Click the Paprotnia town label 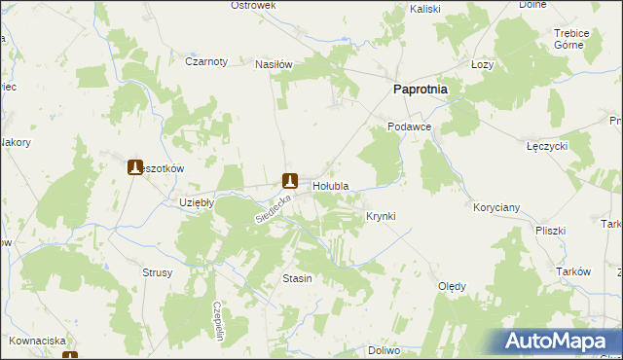tap(420, 89)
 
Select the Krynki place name tap(380, 216)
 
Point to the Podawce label tap(408, 127)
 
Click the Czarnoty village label tap(205, 61)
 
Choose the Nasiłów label tap(274, 64)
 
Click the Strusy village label tap(157, 273)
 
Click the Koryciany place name tap(496, 208)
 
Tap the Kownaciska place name tap(38, 342)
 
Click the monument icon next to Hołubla tap(289, 180)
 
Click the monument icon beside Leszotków tap(135, 167)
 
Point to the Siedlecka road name tap(274, 206)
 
